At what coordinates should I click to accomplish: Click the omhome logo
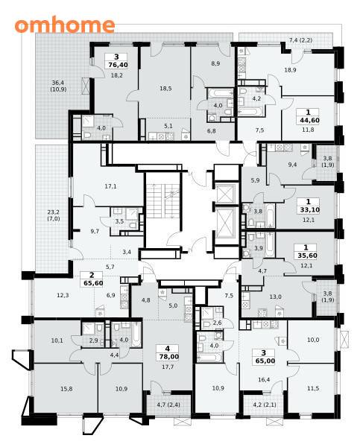point(65,25)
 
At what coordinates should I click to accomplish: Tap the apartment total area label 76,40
point(118,65)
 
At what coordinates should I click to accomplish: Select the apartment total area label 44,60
point(309,120)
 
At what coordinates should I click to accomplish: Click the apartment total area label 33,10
point(309,210)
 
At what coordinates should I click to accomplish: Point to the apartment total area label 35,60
point(307,256)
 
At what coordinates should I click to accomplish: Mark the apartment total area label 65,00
point(265,361)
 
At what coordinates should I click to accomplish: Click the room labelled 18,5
point(165,89)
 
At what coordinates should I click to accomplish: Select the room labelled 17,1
point(110,186)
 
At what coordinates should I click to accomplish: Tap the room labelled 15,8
point(66,389)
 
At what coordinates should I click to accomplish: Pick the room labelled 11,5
point(313,388)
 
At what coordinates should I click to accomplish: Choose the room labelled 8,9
point(215,63)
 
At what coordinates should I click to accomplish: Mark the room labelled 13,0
point(275,297)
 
